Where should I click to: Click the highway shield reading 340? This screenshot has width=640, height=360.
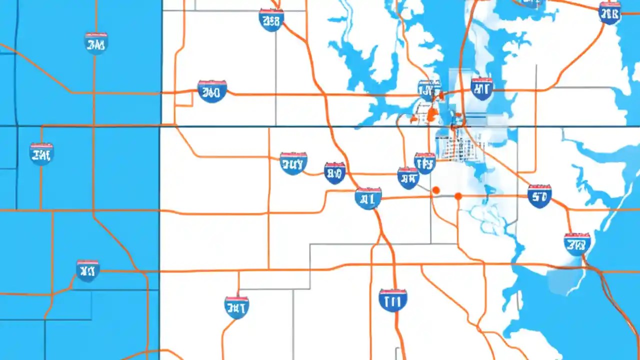tap(212, 91)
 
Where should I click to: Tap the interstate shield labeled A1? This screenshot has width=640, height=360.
tap(368, 198)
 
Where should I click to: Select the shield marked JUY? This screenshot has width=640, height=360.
tap(293, 163)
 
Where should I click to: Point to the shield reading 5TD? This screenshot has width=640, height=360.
tap(539, 195)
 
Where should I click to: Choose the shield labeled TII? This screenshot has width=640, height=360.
tap(392, 300)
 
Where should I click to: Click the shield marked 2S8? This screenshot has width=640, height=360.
tap(271, 20)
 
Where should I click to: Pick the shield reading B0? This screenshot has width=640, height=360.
tap(334, 173)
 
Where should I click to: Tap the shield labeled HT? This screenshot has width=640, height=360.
tap(481, 88)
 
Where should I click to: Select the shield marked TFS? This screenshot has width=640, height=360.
tap(425, 163)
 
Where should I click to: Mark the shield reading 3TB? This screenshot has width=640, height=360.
tap(577, 244)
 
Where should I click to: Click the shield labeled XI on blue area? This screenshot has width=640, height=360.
tap(87, 270)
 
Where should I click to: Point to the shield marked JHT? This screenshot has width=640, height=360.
tap(236, 307)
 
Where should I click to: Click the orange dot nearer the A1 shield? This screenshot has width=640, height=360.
tap(435, 190)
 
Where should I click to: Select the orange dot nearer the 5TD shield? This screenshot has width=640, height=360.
tap(458, 196)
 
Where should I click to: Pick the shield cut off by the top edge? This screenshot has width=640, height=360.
tap(530, 2)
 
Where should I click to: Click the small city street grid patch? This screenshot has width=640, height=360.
tap(457, 145)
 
